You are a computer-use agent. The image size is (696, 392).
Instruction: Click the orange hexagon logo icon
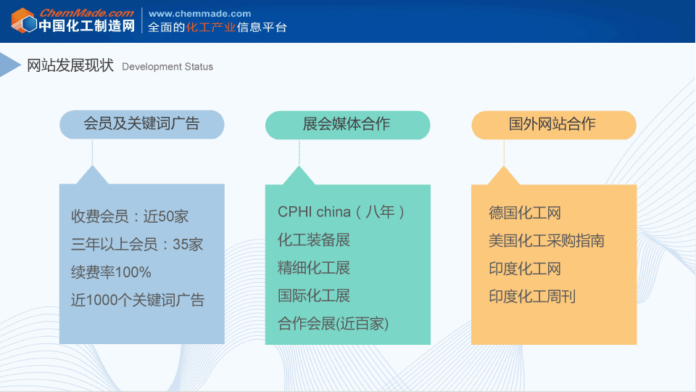click(24, 20)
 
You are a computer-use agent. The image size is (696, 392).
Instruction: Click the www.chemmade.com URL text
click(200, 14)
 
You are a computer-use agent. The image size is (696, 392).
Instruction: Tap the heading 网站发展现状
click(70, 65)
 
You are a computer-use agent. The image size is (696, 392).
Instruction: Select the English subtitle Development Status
click(167, 67)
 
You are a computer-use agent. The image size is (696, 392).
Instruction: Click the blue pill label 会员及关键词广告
click(141, 124)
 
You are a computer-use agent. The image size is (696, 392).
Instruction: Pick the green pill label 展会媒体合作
click(347, 124)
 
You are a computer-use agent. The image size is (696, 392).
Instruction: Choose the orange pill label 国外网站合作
click(553, 124)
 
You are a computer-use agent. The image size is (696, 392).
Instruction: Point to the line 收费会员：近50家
click(130, 216)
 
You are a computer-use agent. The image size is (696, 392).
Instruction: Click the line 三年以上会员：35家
click(137, 244)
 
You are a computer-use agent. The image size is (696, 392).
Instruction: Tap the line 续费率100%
click(111, 272)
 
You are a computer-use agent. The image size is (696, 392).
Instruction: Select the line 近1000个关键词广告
click(138, 300)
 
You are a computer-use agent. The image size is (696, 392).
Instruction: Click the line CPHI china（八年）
click(341, 212)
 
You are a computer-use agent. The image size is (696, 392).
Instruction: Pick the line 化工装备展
click(314, 240)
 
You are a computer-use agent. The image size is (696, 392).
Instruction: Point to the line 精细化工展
click(314, 268)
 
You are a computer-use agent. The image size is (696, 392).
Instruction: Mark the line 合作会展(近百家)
click(333, 324)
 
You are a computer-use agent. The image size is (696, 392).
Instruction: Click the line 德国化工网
click(525, 213)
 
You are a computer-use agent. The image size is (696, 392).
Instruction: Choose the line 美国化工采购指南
click(547, 241)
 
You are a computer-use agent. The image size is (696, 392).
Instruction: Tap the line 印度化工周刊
click(532, 296)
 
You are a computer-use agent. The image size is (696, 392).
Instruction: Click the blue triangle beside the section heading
click(9, 65)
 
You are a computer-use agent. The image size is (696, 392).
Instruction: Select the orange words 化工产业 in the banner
click(211, 27)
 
